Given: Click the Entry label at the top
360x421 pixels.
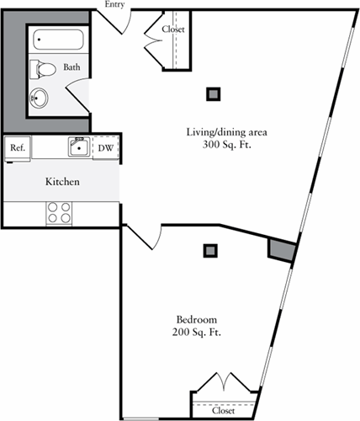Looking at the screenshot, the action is coord(114,4).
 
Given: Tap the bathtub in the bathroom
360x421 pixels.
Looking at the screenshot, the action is coord(58,40).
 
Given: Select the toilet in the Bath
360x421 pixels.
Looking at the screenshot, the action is coord(43,69).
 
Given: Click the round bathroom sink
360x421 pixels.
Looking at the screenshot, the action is coord(39,98).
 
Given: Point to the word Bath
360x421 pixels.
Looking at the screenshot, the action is coord(71,67).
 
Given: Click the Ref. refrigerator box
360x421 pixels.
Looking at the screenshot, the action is coord(18,147).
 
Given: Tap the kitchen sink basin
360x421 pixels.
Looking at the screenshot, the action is coord(79,147).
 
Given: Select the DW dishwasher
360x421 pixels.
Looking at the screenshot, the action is coord(106,147).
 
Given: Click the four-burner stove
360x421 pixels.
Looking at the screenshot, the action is coord(59,213).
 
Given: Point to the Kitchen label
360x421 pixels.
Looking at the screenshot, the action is coord(62,182).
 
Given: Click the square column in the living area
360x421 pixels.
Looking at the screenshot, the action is coord(214,94).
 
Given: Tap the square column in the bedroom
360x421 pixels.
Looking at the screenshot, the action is coord(210,251).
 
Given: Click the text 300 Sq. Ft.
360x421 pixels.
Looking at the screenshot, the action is coord(226,145).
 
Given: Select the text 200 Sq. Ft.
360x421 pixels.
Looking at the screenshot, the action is coord(197,333).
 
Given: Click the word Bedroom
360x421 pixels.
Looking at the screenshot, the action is coord(197,319).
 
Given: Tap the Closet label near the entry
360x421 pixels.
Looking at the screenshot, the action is coord(173,29).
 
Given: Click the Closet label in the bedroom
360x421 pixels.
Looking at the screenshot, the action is coord(223,411).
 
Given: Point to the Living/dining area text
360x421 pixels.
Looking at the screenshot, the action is coord(226,132).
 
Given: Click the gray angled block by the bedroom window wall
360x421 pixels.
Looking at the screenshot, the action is coord(282,250).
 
